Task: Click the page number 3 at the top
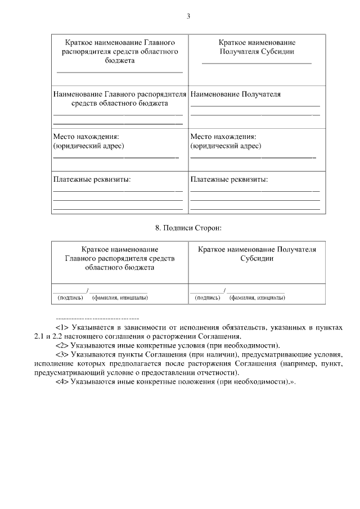pyautogui.click(x=189, y=16)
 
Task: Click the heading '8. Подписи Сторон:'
pyautogui.click(x=188, y=227)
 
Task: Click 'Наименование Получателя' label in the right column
pyautogui.click(x=235, y=94)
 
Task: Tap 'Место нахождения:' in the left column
pyautogui.click(x=86, y=137)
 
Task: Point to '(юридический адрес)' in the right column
pyautogui.click(x=226, y=146)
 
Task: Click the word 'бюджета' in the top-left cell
pyautogui.click(x=120, y=60)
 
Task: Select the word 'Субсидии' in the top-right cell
pyautogui.click(x=278, y=51)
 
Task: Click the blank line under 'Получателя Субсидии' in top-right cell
pyautogui.click(x=256, y=63)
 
